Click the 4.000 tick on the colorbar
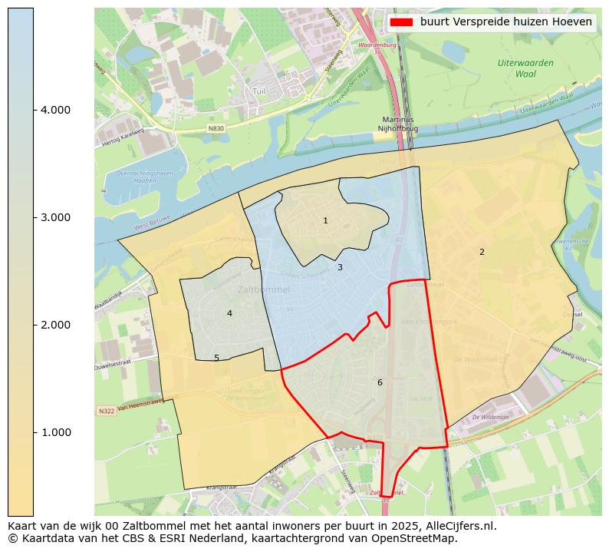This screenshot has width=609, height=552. point(55,110)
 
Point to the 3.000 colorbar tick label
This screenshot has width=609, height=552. point(55,217)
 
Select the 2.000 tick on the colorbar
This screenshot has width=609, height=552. point(55,325)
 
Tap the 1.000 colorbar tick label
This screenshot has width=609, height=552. point(55,432)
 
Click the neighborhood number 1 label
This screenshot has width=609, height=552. point(325,221)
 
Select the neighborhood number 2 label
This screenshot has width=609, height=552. point(482,253)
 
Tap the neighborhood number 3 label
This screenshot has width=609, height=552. point(340,268)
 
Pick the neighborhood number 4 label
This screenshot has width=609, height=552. point(229,314)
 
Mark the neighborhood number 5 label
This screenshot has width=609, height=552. point(216,359)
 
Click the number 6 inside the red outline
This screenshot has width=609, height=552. point(380,383)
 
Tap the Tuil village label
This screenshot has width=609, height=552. point(259,91)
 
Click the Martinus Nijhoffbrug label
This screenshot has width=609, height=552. point(397,124)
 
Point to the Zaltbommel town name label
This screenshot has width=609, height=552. point(264,290)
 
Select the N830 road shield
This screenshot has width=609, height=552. point(216,128)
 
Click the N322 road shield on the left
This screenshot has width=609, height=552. point(107,412)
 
